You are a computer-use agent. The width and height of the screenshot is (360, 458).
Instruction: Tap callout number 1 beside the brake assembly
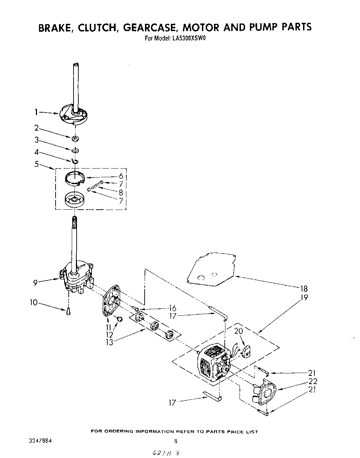[x=36, y=112]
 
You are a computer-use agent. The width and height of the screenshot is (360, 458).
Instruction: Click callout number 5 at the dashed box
[x=36, y=164]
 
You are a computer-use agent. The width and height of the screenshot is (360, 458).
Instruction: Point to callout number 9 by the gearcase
[x=36, y=283]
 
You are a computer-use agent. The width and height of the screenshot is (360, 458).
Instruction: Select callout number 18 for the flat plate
[x=304, y=289]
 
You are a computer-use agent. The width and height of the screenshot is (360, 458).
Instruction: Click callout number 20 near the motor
[x=239, y=331]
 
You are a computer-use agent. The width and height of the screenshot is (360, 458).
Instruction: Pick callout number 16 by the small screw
[x=172, y=308]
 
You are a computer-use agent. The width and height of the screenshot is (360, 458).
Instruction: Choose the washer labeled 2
[x=75, y=139]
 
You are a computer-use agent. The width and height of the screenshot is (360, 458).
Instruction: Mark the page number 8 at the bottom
[x=176, y=441]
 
